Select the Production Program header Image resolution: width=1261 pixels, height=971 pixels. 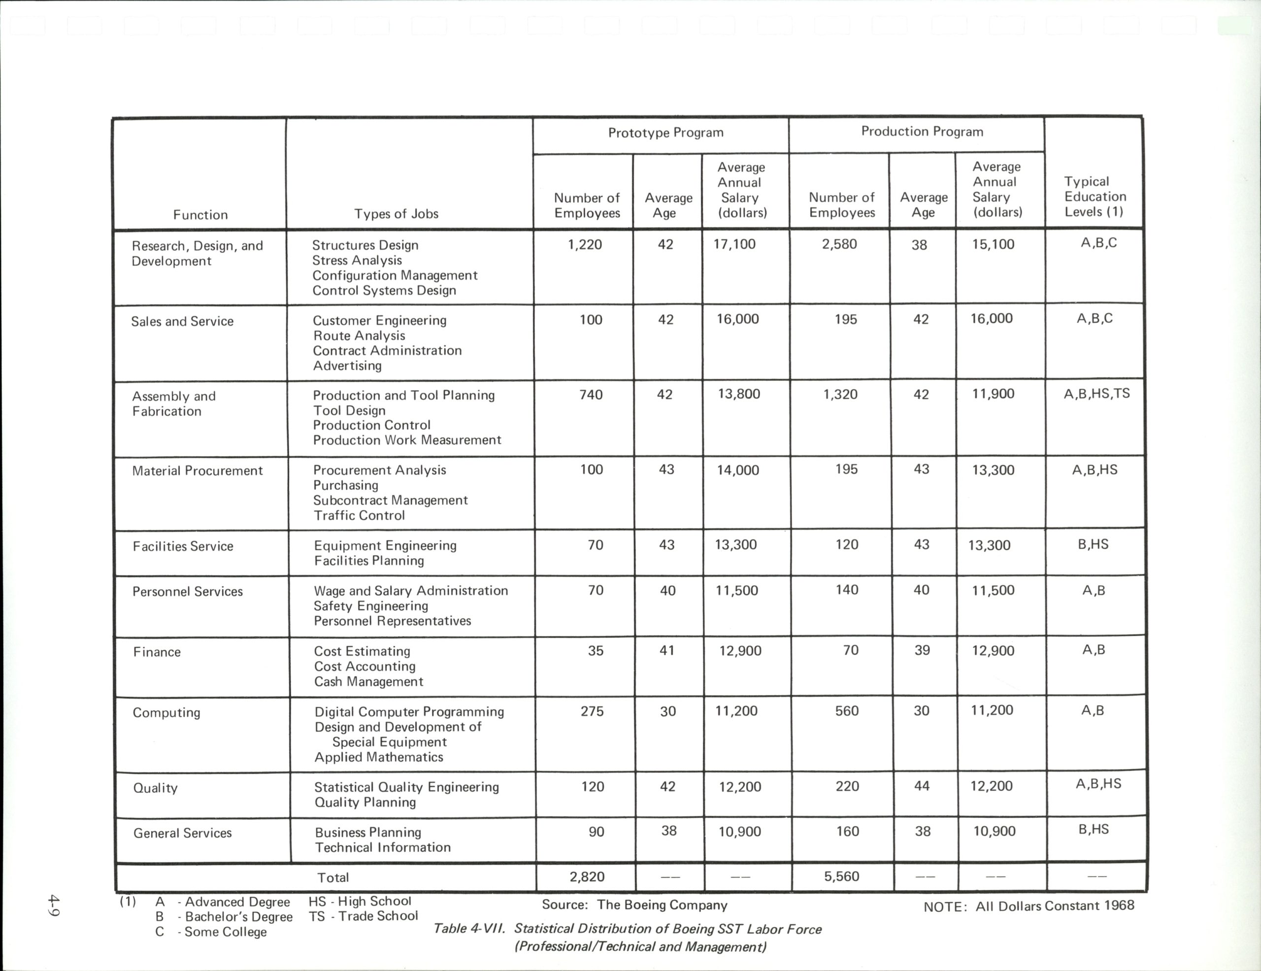coord(922,132)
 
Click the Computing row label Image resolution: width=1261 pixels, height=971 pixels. coord(166,712)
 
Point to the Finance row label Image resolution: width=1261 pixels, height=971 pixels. coord(157,652)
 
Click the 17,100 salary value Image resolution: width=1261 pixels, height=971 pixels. coord(734,244)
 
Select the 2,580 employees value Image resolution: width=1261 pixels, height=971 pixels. coord(839,244)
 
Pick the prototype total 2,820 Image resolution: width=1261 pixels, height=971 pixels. coord(587,876)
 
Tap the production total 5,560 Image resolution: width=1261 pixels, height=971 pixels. coord(841,876)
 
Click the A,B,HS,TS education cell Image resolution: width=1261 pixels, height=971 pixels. coord(1096,394)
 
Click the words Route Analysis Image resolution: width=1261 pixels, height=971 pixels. coord(359,335)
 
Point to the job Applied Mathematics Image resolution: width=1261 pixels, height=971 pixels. coord(379,757)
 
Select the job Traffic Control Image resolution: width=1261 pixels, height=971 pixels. coord(359,515)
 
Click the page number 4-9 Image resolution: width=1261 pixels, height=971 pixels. coord(54,904)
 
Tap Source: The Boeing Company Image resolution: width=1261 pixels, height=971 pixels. coord(634,904)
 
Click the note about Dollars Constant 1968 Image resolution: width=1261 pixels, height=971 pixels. coord(1029,906)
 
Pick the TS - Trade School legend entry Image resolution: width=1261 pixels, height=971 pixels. coord(363,916)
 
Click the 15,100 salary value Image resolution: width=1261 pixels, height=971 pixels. coord(993,244)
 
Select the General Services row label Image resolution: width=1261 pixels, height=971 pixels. coord(182,833)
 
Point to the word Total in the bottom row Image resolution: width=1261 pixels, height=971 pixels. coord(332,877)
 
